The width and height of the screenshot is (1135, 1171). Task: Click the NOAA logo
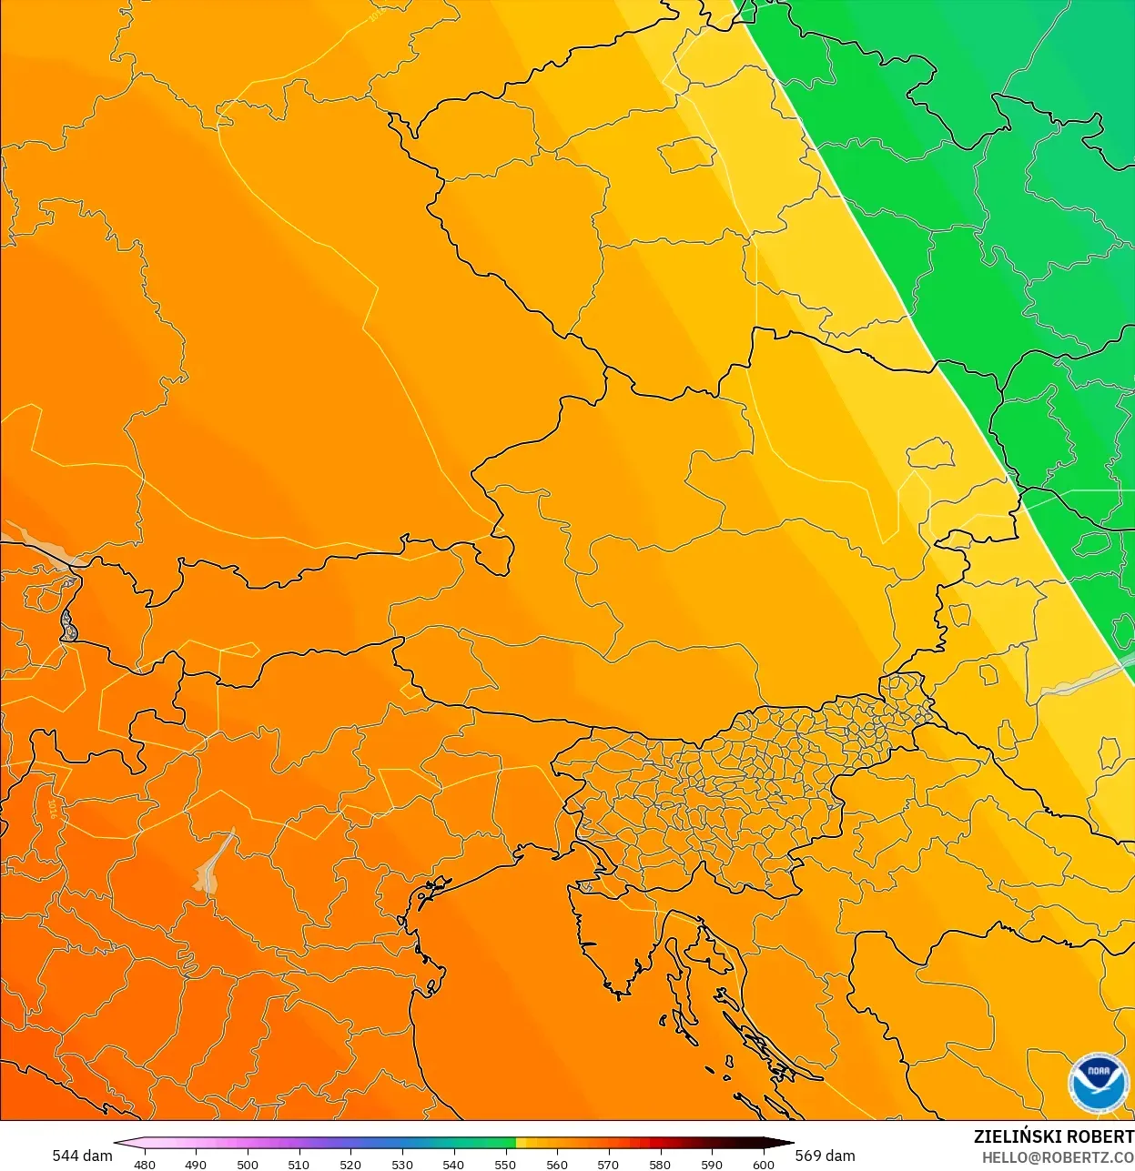tap(1099, 1083)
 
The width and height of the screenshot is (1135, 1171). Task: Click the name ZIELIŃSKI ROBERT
tap(1053, 1136)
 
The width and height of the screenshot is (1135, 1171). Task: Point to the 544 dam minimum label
tap(82, 1156)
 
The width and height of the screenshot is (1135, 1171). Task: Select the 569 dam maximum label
tap(825, 1156)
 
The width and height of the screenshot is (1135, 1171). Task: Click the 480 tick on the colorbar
tap(145, 1164)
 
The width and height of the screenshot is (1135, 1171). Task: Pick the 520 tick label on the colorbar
tap(350, 1164)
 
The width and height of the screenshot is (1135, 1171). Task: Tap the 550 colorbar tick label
tap(505, 1164)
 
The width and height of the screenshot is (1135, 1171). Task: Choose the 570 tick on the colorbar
tap(608, 1164)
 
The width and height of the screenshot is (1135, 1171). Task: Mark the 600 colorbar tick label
tap(763, 1164)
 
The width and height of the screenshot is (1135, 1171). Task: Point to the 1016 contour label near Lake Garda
tap(52, 808)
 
